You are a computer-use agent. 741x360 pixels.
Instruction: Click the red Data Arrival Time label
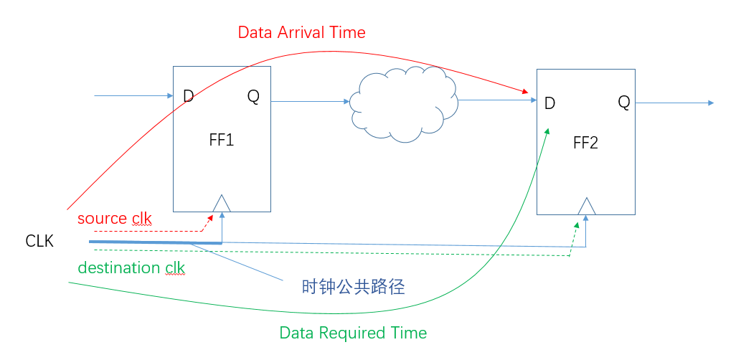point(301,32)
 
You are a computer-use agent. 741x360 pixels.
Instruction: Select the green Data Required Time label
point(353,333)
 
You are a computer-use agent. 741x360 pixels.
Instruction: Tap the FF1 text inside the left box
point(222,140)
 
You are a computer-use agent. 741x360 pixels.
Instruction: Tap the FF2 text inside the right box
point(585,143)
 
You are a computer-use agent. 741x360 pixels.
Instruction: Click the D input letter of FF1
point(189,96)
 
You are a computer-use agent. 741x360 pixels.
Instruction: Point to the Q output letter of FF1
point(254,95)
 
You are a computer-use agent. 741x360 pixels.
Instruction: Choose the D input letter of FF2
point(549,103)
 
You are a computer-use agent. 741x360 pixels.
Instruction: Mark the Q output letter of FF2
point(624,103)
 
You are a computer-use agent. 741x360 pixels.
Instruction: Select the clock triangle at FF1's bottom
point(222,204)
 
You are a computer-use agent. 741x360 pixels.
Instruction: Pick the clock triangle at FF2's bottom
point(587,207)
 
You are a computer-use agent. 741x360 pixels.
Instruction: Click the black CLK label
point(39,242)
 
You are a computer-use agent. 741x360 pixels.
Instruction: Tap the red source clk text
point(115,218)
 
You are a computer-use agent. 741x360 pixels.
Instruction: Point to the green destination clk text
point(131,268)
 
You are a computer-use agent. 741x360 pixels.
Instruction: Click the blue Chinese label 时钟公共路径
point(354,288)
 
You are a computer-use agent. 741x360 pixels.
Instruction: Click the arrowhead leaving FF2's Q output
point(710,103)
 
